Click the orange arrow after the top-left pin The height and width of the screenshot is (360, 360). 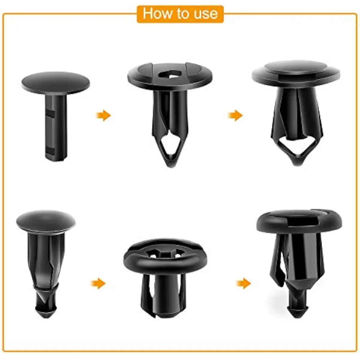coord(103,115)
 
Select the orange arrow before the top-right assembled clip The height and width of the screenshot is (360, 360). coord(235,115)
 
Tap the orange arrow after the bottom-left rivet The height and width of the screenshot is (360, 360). coord(98,283)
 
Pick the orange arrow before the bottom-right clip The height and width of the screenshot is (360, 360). coord(243,283)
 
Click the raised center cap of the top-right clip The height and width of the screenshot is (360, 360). coord(296,67)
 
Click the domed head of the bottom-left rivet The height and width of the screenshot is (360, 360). coord(46,221)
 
